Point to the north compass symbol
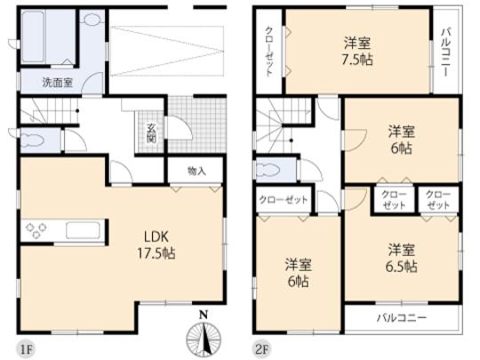point(203,339)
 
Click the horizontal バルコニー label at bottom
point(401,317)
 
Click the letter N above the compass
point(203,315)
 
